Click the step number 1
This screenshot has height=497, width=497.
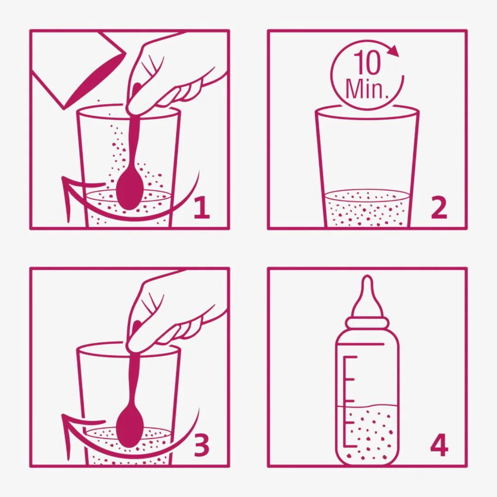click(202, 207)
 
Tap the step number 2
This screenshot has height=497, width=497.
click(439, 207)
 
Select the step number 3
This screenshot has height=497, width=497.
click(202, 445)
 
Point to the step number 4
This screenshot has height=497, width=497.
click(439, 445)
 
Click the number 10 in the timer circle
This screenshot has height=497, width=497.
click(367, 63)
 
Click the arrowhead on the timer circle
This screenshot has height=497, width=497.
click(393, 51)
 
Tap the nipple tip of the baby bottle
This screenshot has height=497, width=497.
click(367, 281)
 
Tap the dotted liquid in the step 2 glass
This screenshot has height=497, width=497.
click(368, 209)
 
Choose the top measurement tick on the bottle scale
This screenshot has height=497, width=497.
click(350, 357)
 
